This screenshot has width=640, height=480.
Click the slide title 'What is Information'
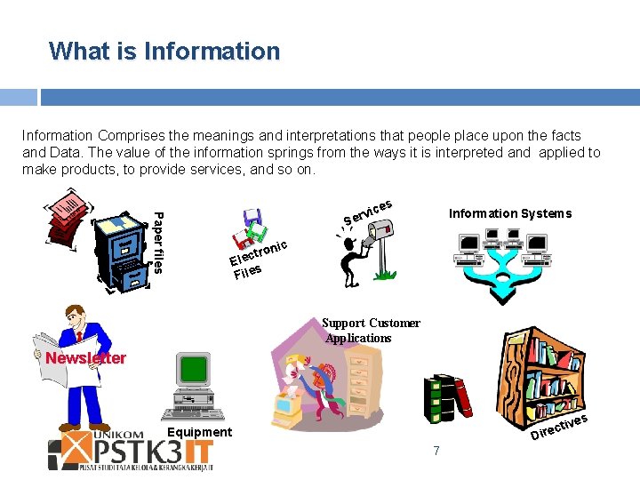coord(164,51)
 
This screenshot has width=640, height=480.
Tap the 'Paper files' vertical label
coord(157,240)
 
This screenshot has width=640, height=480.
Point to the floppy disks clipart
coord(251,228)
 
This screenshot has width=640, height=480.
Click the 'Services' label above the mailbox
coord(368,211)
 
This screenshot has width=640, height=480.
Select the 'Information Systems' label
coord(509,213)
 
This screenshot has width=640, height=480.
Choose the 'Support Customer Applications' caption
coord(371,331)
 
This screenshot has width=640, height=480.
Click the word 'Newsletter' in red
coord(86,358)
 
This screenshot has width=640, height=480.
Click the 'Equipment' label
coord(200,432)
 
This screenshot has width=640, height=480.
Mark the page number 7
coord(436,451)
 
